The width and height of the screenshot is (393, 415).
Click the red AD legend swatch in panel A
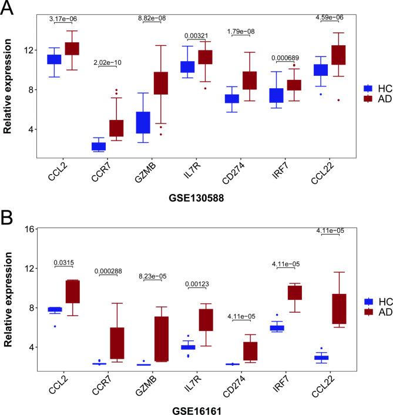point(369,99)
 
